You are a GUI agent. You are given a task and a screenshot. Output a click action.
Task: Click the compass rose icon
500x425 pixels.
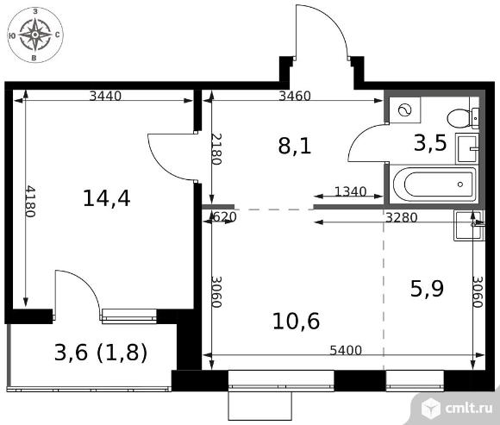35,34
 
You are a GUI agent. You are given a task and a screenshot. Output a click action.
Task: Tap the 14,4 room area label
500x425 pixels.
107,198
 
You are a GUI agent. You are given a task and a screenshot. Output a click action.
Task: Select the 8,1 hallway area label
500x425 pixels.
295,147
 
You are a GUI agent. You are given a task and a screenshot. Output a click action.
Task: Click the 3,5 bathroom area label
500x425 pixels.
430,143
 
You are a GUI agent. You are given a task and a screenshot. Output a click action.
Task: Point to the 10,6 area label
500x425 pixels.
296,321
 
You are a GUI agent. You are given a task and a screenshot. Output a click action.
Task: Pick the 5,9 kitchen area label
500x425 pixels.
427,289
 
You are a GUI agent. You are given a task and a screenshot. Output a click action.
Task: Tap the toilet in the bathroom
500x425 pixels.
463,118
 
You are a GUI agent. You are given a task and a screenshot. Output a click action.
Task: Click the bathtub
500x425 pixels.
434,184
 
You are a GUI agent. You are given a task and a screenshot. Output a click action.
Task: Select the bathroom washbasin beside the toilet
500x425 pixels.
467,148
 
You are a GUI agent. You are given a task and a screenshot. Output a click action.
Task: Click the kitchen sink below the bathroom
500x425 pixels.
469,225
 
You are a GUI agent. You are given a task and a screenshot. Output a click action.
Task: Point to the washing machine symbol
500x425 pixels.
404,110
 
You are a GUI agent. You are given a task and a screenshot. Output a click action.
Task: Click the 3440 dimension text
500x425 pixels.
105,96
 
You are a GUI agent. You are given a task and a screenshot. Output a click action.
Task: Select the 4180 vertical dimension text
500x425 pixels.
30,202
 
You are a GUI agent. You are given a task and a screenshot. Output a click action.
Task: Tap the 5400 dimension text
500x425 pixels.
346,350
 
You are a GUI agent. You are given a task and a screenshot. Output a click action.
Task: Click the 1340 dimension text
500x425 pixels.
351,191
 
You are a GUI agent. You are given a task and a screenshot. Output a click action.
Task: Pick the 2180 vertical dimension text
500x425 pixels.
216,149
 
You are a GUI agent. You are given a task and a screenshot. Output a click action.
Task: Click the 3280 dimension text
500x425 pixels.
402,217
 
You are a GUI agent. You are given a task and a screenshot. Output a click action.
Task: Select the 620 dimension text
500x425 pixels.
224,217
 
